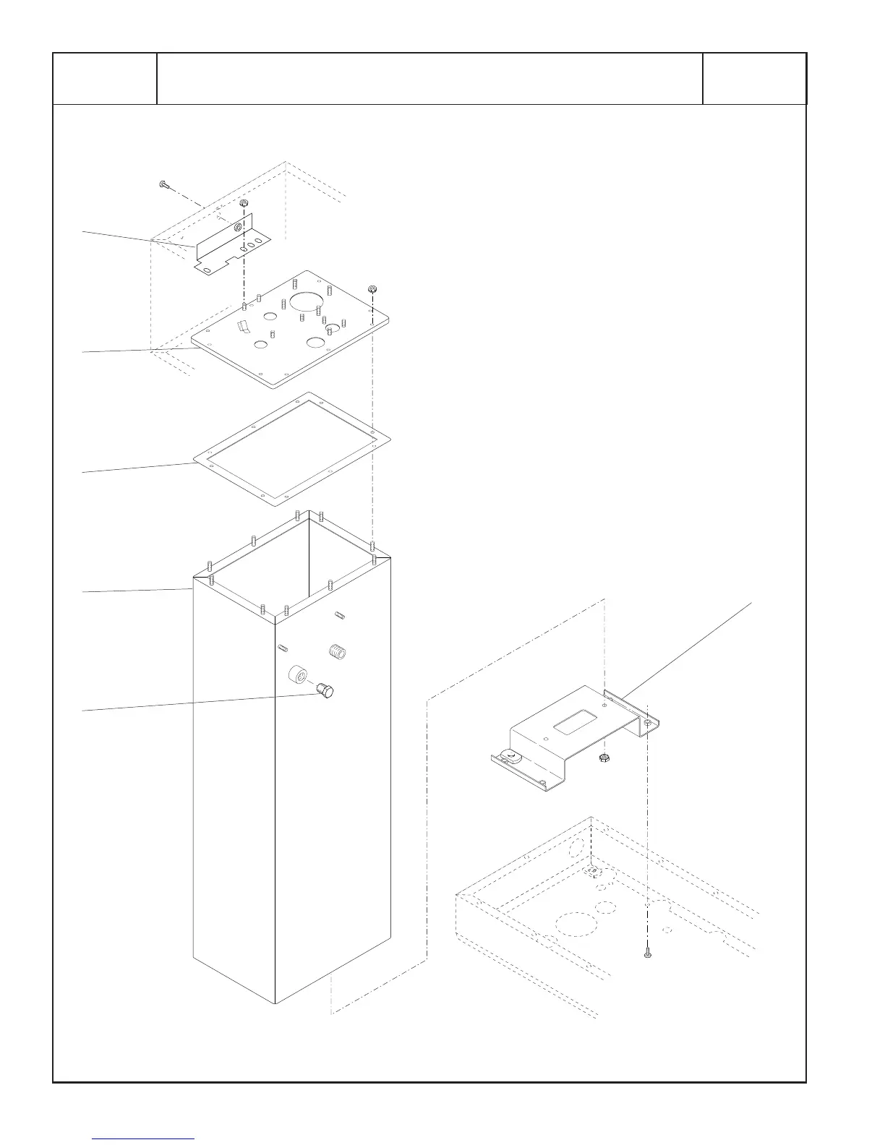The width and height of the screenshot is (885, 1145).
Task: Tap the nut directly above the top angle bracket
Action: (244, 203)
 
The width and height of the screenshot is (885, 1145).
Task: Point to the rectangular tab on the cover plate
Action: (244, 327)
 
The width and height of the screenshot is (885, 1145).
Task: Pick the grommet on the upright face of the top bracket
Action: (237, 228)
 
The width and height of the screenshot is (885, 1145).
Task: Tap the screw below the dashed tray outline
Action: (647, 955)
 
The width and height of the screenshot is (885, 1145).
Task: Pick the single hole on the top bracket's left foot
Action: (206, 269)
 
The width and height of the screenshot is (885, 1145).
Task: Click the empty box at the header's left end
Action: (105, 79)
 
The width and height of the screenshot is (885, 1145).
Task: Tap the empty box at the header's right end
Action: (754, 79)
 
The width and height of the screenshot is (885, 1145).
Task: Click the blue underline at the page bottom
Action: (144, 1138)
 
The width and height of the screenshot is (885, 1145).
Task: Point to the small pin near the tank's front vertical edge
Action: (283, 646)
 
